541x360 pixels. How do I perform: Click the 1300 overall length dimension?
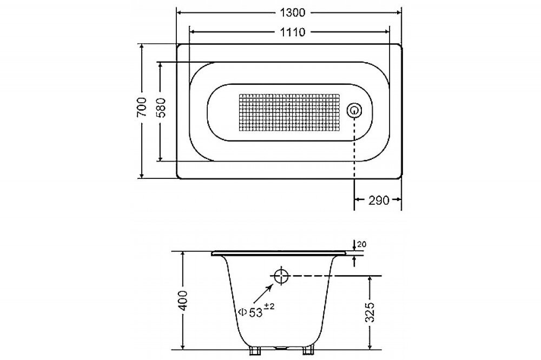point(293,13)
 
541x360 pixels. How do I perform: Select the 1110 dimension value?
point(293,32)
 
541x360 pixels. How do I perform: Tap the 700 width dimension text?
point(142,107)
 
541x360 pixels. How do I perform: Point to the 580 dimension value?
point(161,108)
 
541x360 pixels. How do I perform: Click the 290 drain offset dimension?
point(379,200)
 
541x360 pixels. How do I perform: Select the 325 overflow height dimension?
point(370,312)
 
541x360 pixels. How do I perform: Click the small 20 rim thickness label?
point(361,244)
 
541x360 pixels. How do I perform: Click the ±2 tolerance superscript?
point(269,306)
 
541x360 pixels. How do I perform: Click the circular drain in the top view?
point(354,111)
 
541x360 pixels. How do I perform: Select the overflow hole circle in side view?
point(281,276)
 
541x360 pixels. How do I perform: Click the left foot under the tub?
point(255,350)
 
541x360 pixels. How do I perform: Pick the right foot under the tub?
point(308,350)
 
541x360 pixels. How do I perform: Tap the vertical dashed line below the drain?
point(354,148)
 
